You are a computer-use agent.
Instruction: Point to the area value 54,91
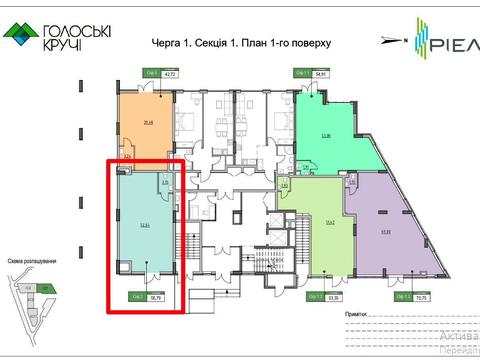pyautogui.click(x=321, y=74)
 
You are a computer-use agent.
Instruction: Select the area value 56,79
pyautogui.click(x=156, y=297)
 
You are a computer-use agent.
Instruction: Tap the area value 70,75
pyautogui.click(x=419, y=297)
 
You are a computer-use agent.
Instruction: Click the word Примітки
pyautogui.click(x=361, y=313)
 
